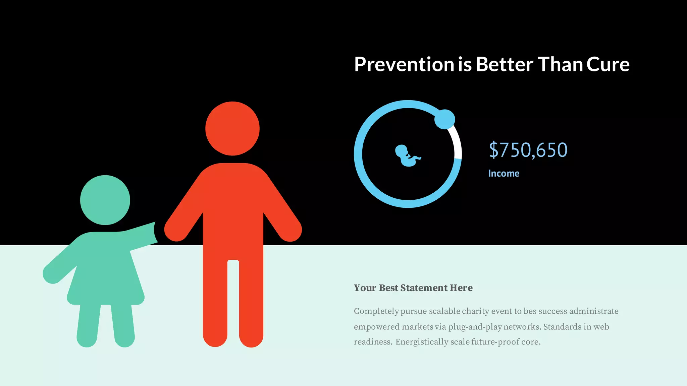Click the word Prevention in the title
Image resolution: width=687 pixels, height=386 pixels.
404,64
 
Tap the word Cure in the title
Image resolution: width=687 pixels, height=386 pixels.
608,64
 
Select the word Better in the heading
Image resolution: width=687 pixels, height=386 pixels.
504,64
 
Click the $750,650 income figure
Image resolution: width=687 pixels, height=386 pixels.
528,150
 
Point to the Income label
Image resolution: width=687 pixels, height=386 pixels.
504,173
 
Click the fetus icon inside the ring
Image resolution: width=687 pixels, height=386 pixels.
407,155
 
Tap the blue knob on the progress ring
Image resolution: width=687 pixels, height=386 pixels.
444,119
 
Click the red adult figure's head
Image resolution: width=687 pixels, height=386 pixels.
232,129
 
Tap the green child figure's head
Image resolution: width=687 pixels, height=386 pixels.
105,200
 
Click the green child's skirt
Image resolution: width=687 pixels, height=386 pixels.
106,281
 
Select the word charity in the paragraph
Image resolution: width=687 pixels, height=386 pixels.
475,311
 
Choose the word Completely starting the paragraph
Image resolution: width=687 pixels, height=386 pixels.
376,311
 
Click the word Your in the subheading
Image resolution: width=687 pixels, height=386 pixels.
365,288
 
